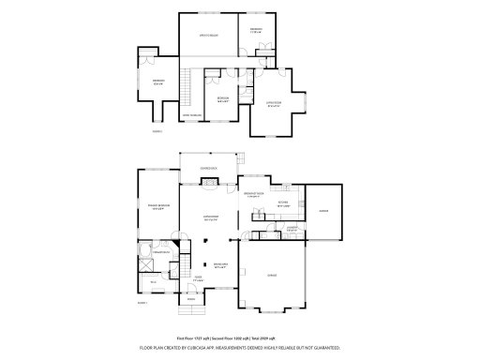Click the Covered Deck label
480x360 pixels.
pyautogui.click(x=207, y=169)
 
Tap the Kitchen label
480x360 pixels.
pyautogui.click(x=282, y=203)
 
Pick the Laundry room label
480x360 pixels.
pyautogui.click(x=292, y=228)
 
